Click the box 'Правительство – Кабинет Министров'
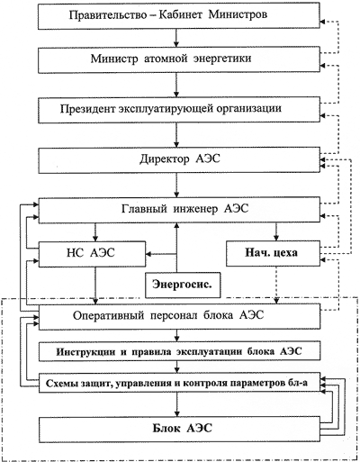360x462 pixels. (x=179, y=16)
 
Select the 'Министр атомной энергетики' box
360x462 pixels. (x=179, y=59)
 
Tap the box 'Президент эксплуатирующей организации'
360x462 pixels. (x=179, y=110)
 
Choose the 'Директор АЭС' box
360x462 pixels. (x=179, y=160)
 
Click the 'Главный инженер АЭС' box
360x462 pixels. (x=179, y=211)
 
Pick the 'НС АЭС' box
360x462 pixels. (x=92, y=254)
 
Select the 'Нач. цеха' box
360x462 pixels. (x=273, y=253)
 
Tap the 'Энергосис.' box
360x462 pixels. (x=183, y=285)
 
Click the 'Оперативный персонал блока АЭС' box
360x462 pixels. (x=179, y=316)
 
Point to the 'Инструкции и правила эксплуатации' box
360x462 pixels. (x=179, y=352)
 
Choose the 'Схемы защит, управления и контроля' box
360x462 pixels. (x=179, y=383)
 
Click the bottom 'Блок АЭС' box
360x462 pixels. (x=179, y=429)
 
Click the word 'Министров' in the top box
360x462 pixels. (x=238, y=14)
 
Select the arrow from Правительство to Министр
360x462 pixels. (x=176, y=38)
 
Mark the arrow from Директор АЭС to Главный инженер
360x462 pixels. (x=176, y=186)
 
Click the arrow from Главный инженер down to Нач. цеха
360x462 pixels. (x=276, y=231)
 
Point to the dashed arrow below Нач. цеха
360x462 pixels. (x=276, y=285)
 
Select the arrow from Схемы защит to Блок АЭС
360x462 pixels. (x=176, y=403)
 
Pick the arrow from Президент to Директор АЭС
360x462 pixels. (x=176, y=135)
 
